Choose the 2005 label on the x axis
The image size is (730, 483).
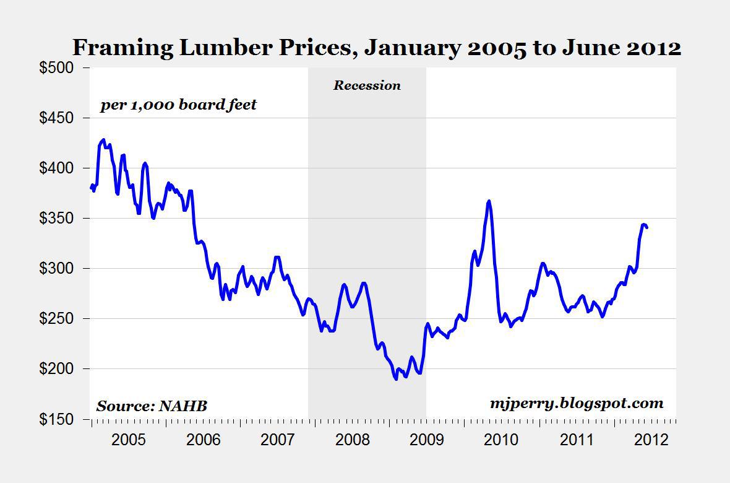(x=129, y=440)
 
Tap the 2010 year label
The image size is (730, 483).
(x=500, y=440)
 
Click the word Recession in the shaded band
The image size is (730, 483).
(x=367, y=85)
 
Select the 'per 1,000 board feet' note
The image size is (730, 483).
(x=178, y=105)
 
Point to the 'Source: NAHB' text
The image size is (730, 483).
(x=152, y=406)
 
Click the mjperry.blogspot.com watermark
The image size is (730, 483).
(x=575, y=404)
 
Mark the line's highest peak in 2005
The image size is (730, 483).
(x=103, y=140)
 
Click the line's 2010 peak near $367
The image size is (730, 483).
(x=489, y=201)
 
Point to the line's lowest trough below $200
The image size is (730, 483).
(x=395, y=378)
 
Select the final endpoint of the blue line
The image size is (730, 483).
(x=646, y=227)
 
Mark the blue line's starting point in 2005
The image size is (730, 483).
(x=91, y=187)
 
